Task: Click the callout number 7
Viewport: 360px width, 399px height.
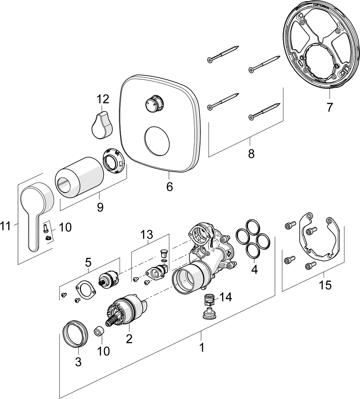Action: tap(329, 107)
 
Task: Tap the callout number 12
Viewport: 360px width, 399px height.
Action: tap(103, 100)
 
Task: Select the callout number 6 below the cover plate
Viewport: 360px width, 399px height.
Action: tap(169, 187)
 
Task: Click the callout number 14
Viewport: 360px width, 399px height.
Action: tap(225, 297)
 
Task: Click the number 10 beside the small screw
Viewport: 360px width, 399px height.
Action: tap(65, 227)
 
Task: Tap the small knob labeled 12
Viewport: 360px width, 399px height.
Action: tap(102, 126)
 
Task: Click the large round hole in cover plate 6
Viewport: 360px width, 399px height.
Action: tap(158, 141)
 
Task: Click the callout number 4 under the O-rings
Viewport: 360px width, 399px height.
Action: tap(254, 270)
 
